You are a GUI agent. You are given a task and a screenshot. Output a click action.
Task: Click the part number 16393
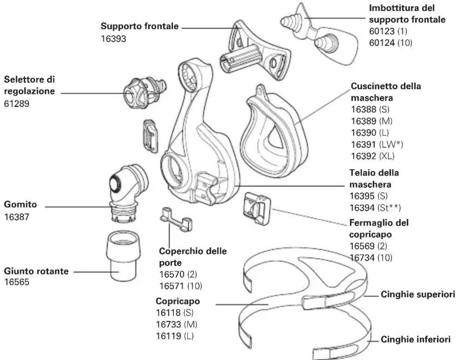point(113,39)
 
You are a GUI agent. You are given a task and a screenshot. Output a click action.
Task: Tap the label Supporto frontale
point(140,26)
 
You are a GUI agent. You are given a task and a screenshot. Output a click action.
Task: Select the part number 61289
point(16,104)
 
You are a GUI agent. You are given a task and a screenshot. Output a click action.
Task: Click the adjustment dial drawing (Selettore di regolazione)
point(145,93)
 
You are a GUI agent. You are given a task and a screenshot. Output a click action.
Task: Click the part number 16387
point(16,217)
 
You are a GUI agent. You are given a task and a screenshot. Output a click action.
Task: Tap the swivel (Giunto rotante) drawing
point(123,256)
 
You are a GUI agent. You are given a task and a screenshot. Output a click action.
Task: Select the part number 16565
point(16,282)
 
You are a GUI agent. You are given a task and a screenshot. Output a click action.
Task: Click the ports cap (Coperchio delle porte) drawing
point(176,220)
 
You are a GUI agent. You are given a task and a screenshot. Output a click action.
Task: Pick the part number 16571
point(172,286)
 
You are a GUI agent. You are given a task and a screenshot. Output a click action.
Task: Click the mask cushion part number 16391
point(363,145)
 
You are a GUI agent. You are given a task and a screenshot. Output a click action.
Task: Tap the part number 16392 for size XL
point(363,156)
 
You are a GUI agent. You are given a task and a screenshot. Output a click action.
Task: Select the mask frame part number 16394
point(362,208)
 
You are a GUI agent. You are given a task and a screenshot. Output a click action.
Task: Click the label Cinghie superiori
point(418,294)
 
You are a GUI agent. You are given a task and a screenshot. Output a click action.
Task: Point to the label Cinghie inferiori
point(415,339)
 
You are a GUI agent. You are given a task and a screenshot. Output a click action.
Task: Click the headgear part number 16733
point(168,324)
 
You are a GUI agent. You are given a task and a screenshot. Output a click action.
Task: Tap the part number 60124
point(382,43)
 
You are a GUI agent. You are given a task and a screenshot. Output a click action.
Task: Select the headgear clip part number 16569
point(362,246)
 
